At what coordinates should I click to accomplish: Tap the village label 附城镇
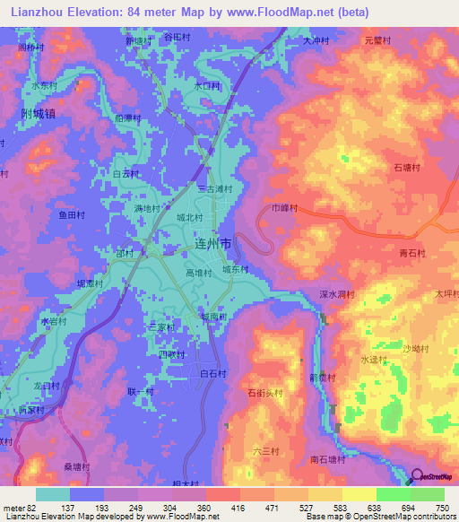tap(37, 114)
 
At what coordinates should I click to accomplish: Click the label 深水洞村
tap(338, 293)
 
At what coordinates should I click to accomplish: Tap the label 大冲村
tap(316, 41)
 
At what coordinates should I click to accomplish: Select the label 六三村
tap(267, 451)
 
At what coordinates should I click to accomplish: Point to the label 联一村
tap(140, 392)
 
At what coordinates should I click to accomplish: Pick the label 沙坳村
tap(415, 348)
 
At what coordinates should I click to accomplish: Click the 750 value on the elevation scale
tap(439, 509)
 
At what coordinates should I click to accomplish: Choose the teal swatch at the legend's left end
tap(52, 494)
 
